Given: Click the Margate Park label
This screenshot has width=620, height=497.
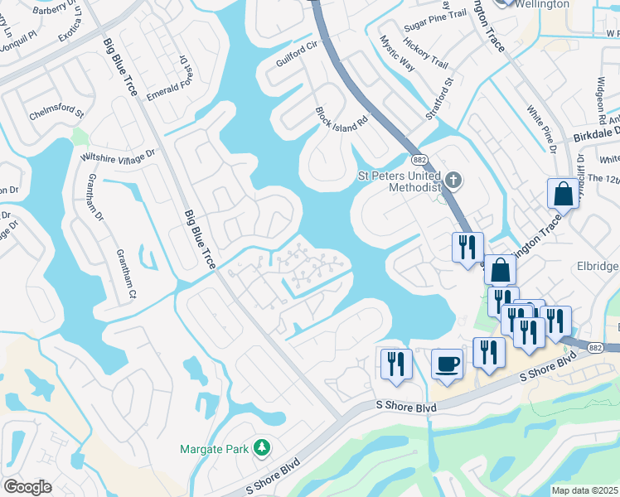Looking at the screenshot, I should [x=214, y=449].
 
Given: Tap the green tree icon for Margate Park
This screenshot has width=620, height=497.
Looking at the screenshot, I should [x=262, y=448].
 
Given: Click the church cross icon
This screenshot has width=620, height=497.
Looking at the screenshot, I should [x=453, y=179].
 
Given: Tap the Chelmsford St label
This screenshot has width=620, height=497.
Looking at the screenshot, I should [x=56, y=111].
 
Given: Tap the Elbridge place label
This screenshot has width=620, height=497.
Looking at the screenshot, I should [x=595, y=267].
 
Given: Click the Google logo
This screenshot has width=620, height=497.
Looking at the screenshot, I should [x=28, y=486].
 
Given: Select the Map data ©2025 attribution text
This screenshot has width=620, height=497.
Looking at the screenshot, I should [x=584, y=490].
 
